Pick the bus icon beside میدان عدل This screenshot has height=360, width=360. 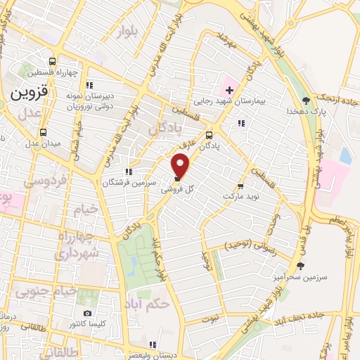(44, 131)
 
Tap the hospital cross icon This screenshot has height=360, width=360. (229, 89)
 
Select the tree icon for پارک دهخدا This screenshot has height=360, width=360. (304, 99)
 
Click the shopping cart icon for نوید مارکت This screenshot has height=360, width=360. (240, 187)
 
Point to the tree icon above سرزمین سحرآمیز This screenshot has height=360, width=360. (301, 265)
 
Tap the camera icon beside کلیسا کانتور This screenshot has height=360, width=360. (87, 313)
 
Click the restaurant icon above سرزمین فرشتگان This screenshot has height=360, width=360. (127, 171)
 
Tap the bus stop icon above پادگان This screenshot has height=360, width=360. (209, 136)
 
